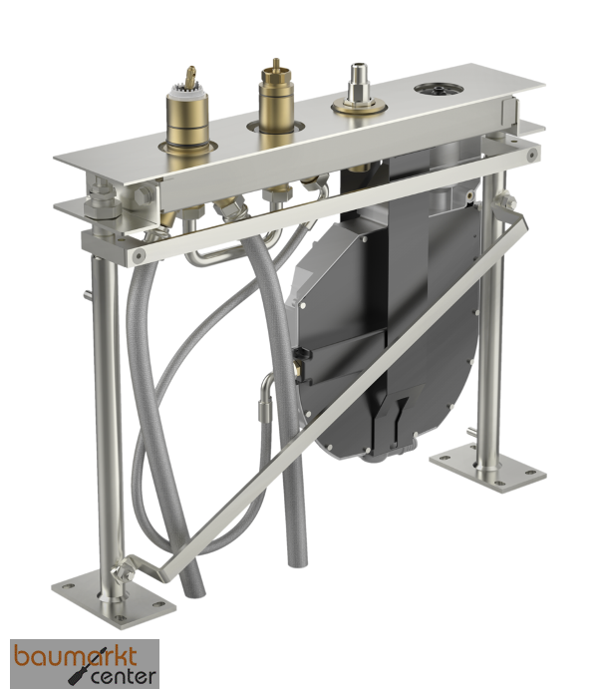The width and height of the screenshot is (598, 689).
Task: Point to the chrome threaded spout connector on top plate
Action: coord(358,89)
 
